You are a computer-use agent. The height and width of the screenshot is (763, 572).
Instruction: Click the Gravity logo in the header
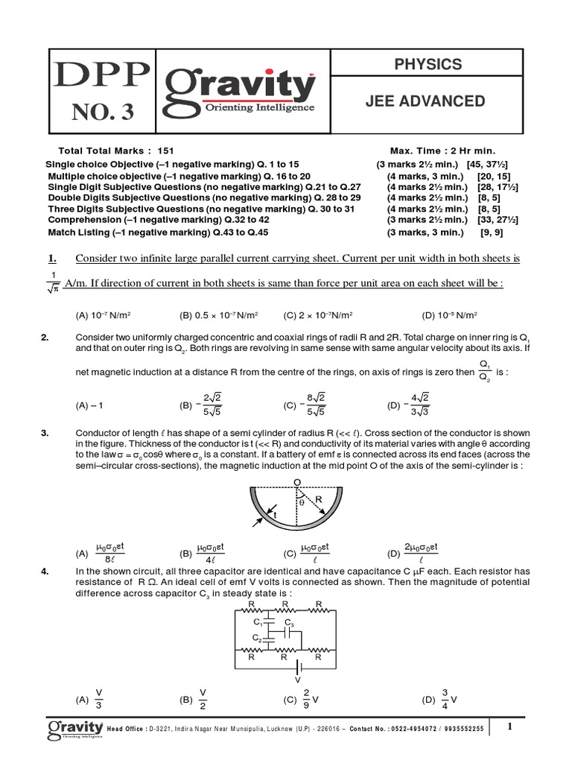pyautogui.click(x=239, y=86)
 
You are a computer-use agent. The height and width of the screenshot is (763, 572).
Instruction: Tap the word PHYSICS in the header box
pyautogui.click(x=428, y=65)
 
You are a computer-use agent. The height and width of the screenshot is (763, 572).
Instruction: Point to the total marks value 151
pyautogui.click(x=166, y=151)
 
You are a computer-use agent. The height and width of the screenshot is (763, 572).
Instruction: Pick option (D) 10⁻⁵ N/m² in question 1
pyautogui.click(x=449, y=315)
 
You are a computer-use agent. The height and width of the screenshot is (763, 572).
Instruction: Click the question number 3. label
pyautogui.click(x=45, y=433)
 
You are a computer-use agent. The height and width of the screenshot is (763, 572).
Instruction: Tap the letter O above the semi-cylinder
pyautogui.click(x=296, y=483)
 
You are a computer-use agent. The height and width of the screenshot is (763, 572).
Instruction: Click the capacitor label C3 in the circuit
pyautogui.click(x=289, y=623)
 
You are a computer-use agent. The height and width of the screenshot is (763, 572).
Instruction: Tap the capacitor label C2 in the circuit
pyautogui.click(x=256, y=639)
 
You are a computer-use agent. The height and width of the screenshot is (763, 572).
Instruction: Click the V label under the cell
pyautogui.click(x=298, y=680)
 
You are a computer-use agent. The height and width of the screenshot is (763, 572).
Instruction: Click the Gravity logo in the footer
pyautogui.click(x=75, y=728)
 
